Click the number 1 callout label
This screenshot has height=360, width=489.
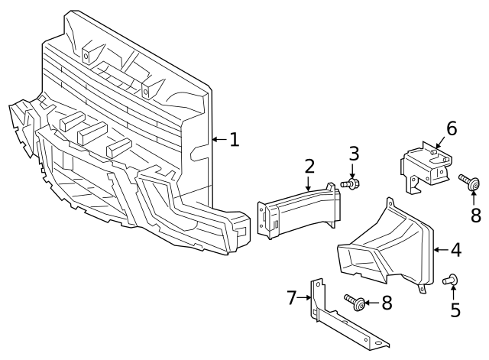[234, 139]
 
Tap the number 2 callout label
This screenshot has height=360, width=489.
[309, 166]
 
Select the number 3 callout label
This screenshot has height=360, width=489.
[354, 153]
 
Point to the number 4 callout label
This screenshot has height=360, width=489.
[455, 249]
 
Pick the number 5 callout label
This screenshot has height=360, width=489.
[455, 310]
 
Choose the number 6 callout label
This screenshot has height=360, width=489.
[451, 128]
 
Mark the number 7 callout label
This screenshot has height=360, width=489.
[291, 297]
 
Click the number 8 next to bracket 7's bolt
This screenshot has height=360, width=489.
[387, 303]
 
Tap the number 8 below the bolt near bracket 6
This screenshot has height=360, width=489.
[476, 213]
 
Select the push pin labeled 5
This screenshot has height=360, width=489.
[450, 281]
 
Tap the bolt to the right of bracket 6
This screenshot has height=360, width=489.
[469, 181]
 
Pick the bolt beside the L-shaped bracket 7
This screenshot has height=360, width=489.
[354, 302]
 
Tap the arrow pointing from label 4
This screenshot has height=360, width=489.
[439, 249]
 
